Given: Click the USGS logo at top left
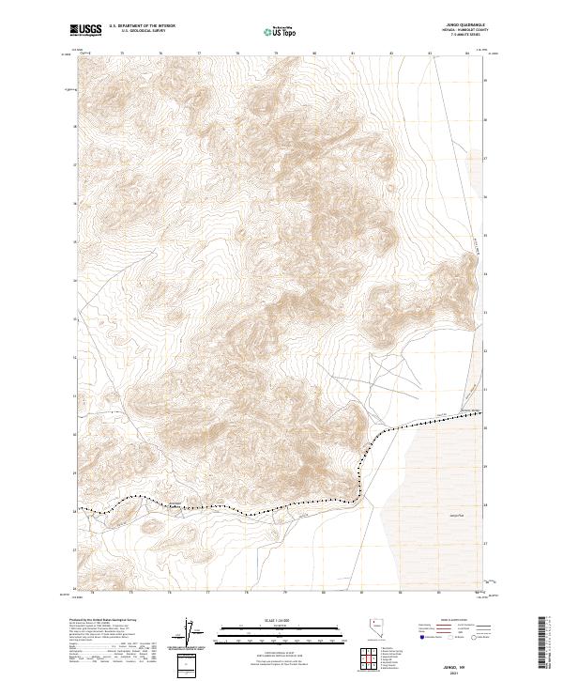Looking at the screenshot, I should (86, 30).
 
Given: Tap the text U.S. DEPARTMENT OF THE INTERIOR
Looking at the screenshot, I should (142, 26).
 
